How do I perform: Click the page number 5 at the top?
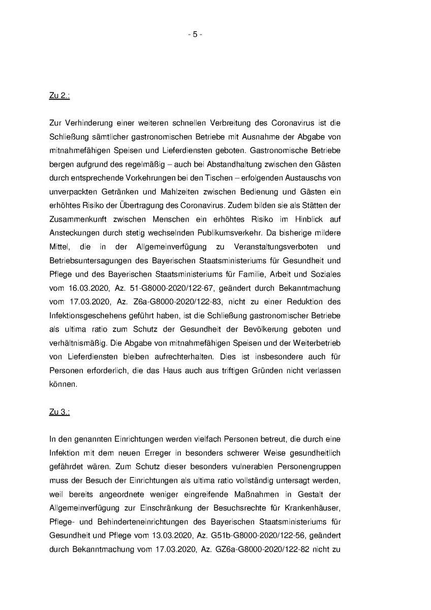195,35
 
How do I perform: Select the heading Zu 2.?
59,96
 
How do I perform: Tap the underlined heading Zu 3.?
59,412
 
